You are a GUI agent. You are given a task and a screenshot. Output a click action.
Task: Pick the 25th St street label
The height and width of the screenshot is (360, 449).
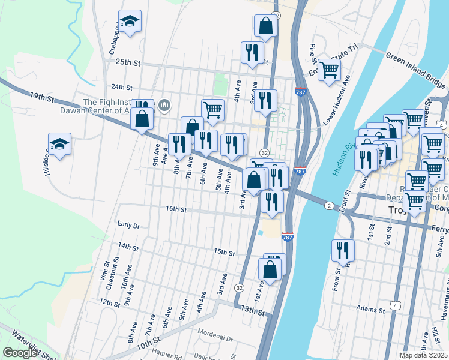127,62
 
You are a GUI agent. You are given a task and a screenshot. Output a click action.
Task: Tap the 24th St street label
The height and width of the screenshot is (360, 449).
121,87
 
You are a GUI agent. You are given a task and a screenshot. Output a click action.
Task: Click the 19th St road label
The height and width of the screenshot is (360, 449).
42,96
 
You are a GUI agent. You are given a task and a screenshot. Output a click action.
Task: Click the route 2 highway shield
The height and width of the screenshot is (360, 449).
329,206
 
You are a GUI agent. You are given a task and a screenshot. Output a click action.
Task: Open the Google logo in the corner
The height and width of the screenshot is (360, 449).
20,353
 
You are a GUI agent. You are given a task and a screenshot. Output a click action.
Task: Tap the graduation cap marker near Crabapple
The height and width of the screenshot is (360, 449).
130,22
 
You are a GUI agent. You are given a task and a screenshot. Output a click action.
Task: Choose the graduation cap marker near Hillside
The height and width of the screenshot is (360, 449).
59,145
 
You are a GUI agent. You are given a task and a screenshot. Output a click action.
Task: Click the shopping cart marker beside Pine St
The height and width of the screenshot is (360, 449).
329,70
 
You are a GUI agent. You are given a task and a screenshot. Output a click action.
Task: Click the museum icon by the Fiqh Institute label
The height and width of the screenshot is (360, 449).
165,107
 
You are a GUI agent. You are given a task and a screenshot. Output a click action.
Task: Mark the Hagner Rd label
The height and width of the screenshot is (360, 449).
166,353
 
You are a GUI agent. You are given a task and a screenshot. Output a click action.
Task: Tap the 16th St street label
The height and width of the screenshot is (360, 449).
177,209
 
